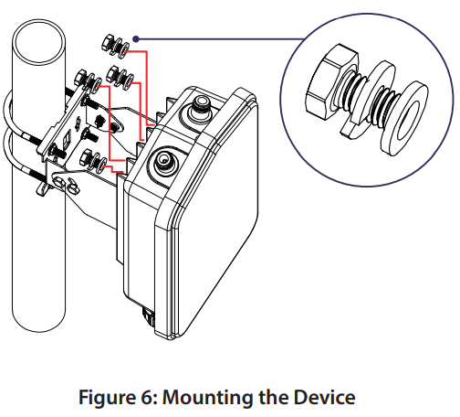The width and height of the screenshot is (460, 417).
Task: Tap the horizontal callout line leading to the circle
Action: click(x=219, y=39)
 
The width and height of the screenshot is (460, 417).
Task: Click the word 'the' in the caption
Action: click(x=283, y=397)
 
